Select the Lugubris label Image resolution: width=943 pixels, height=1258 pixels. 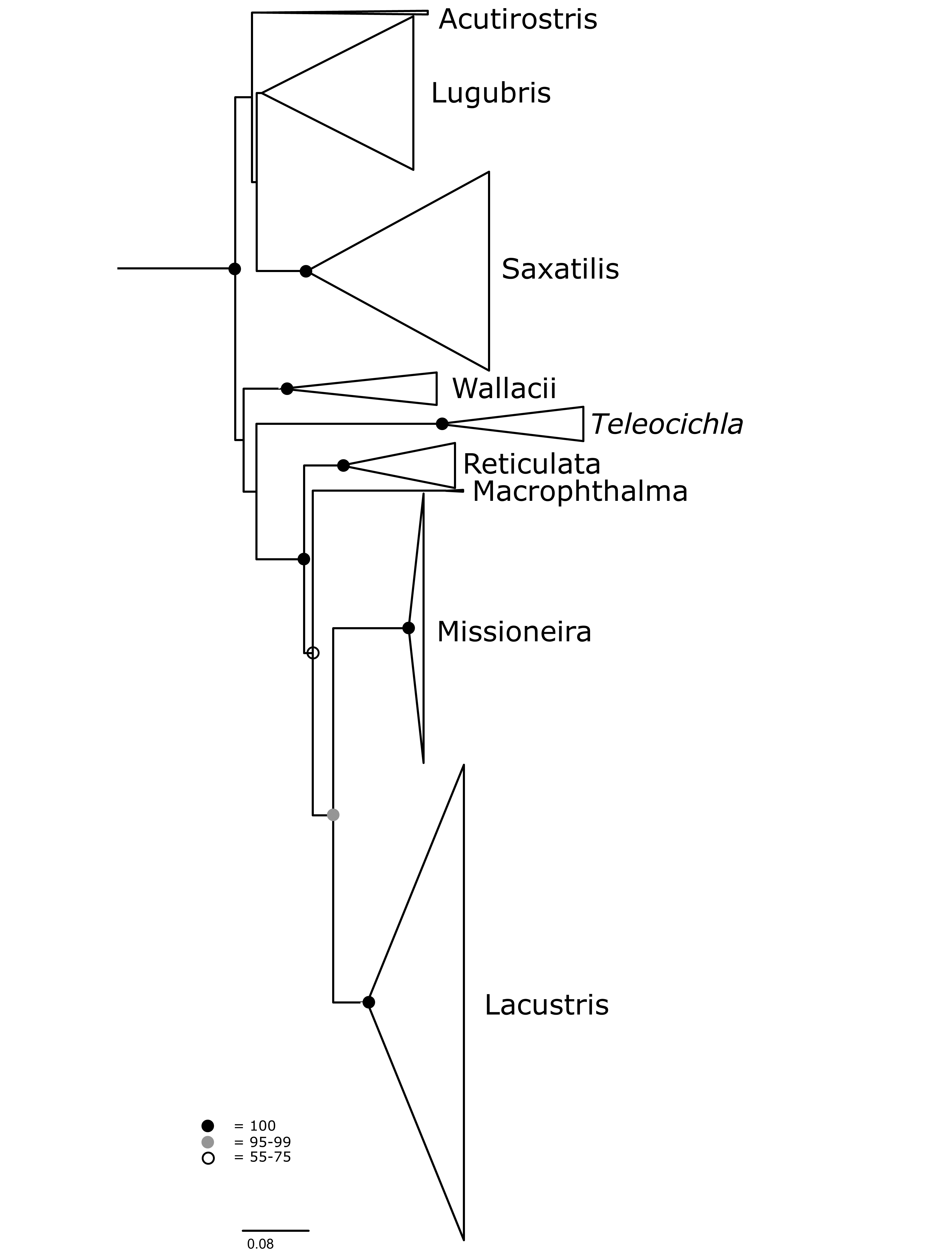coord(491,93)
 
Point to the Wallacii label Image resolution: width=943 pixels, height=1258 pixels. coord(504,389)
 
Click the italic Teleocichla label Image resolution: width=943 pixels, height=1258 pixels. coord(667,425)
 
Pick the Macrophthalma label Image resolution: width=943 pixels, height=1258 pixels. coord(580,491)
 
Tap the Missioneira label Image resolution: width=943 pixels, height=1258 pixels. coord(514,632)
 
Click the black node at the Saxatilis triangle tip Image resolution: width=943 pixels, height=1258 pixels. coord(306,271)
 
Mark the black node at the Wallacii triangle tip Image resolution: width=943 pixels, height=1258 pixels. coord(287,389)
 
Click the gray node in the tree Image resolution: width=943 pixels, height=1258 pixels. coord(333,815)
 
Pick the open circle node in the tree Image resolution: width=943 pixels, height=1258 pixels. coord(312,653)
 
